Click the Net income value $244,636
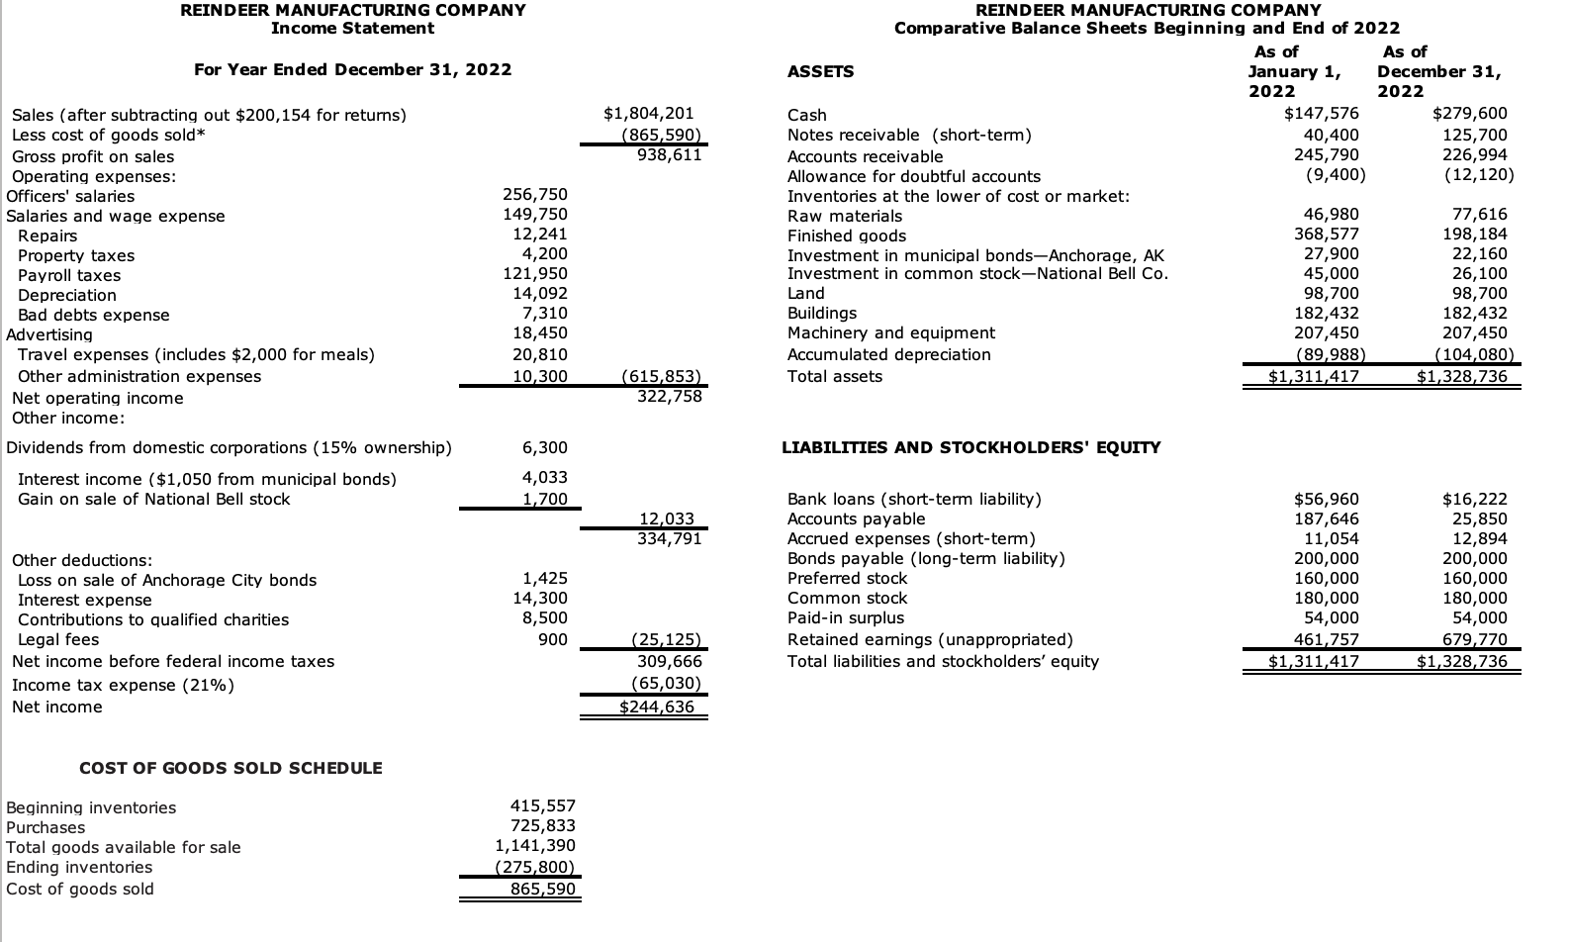click(657, 706)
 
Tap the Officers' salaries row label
click(70, 196)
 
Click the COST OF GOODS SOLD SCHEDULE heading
click(231, 768)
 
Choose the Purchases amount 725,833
click(542, 825)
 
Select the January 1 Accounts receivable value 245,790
click(1327, 154)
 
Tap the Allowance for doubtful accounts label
click(913, 176)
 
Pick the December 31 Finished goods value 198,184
click(1474, 235)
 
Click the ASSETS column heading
click(820, 71)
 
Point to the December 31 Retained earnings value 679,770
click(1474, 639)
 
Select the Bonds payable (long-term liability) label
click(926, 558)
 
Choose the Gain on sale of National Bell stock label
click(153, 499)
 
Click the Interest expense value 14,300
click(540, 598)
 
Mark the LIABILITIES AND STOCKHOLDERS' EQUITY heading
click(970, 447)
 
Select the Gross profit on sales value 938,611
click(669, 155)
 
